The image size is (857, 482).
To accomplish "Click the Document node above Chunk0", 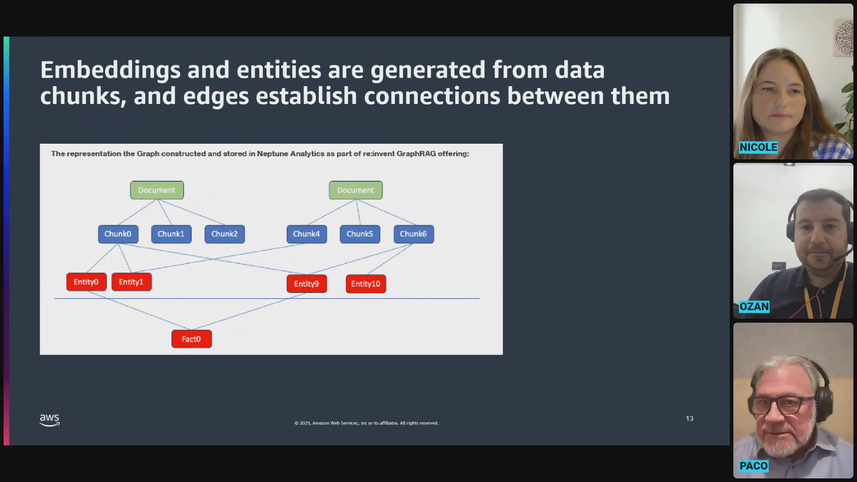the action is (157, 190).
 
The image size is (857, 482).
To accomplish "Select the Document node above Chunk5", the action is (356, 190).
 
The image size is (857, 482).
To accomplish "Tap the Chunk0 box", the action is (118, 234).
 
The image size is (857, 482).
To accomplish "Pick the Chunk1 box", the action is (171, 234).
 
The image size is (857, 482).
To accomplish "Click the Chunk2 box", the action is (225, 234).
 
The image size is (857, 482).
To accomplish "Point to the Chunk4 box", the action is (307, 234).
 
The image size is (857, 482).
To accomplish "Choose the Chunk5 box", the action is (360, 234).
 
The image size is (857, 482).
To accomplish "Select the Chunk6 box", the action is (414, 234).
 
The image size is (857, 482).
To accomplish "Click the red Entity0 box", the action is (87, 282).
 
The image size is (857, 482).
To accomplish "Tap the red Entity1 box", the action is (132, 282).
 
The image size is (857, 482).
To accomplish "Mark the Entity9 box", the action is (307, 284).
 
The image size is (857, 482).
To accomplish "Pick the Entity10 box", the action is (366, 284).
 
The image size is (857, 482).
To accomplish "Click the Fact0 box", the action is (191, 339).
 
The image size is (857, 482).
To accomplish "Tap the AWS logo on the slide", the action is (50, 420).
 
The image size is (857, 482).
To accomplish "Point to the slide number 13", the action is (690, 419).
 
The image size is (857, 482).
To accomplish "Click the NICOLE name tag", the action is (758, 147).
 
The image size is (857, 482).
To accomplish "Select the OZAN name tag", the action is (754, 307).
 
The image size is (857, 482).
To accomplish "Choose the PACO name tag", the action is (753, 466).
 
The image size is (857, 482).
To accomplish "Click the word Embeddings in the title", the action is (110, 71).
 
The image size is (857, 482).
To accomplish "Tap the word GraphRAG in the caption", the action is (416, 154).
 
